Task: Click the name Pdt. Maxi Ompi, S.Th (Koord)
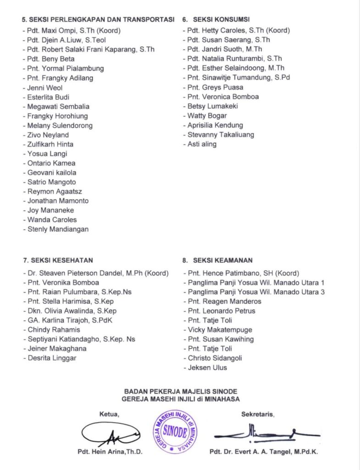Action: [72, 31]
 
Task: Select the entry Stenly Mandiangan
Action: [57, 229]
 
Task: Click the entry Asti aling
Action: [201, 144]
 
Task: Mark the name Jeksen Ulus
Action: [207, 367]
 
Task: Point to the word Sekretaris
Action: [258, 414]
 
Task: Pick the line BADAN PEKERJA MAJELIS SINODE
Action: [181, 392]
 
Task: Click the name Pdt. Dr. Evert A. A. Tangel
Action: [264, 451]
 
